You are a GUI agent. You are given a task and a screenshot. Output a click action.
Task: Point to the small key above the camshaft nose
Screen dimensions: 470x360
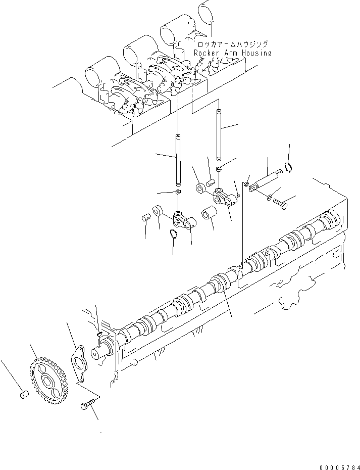tap(99, 333)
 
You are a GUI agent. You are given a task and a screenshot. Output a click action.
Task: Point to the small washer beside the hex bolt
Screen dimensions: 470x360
tap(269, 196)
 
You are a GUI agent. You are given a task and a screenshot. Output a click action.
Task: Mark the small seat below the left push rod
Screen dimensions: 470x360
tap(178, 193)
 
